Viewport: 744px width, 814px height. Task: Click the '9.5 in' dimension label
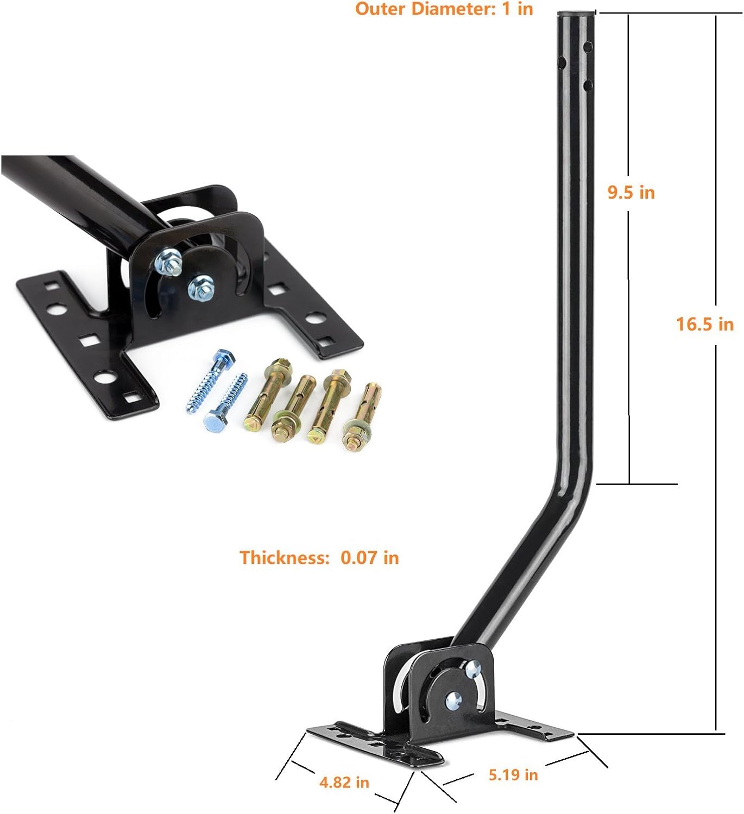[631, 192]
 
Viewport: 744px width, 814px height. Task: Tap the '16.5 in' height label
[704, 324]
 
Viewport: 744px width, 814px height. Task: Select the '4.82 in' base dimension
[344, 782]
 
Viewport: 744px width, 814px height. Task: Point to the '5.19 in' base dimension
[513, 774]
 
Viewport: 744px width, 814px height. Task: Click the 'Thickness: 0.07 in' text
[319, 557]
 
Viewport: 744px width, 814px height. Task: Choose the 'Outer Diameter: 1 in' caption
[444, 9]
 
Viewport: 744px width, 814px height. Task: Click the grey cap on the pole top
[577, 14]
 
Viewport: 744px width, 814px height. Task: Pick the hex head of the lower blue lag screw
[213, 420]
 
